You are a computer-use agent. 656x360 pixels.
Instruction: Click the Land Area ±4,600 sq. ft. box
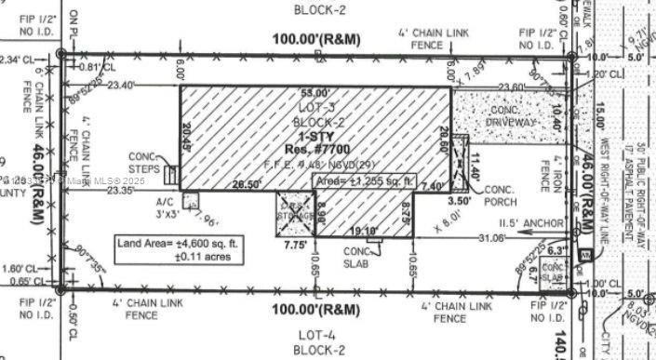tap(180, 250)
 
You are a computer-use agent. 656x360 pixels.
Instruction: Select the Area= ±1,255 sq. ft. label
tap(364, 180)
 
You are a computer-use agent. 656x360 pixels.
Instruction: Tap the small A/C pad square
tap(191, 200)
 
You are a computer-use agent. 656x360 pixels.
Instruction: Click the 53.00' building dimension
tap(315, 93)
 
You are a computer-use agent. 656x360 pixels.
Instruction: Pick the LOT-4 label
tap(318, 335)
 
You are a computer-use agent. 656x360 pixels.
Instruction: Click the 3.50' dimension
tap(459, 199)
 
